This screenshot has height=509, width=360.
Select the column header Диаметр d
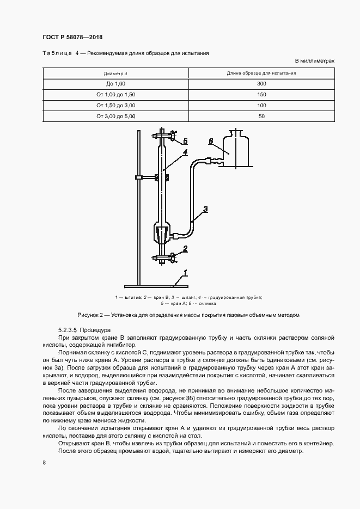(x=115, y=73)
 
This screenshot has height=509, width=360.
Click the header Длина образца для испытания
(x=261, y=73)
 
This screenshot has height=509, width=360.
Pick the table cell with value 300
(x=261, y=84)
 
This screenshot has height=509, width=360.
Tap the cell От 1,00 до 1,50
(x=115, y=95)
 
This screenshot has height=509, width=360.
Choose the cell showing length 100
(x=261, y=105)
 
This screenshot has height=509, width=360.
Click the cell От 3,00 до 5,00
(x=115, y=116)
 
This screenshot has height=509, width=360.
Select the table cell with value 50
(x=261, y=116)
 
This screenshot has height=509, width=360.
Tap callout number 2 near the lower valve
(x=185, y=249)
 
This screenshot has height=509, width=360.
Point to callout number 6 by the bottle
(x=210, y=142)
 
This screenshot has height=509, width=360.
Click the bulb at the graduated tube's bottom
(x=162, y=233)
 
